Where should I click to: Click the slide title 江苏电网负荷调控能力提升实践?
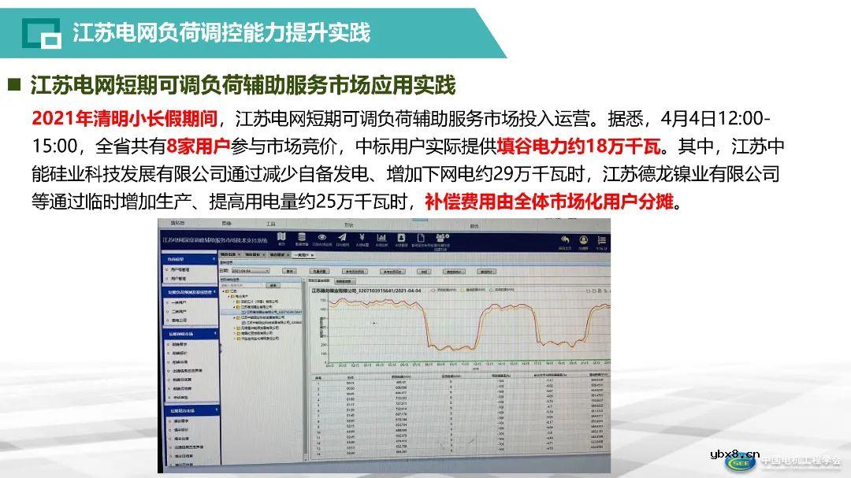(x=221, y=33)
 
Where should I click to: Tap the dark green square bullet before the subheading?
(x=13, y=83)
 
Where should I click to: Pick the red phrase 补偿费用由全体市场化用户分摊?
(x=549, y=202)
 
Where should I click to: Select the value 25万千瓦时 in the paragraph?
(x=366, y=202)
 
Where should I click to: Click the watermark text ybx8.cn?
(x=734, y=454)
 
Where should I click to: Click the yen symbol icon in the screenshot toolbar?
(x=361, y=238)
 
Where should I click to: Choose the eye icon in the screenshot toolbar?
(x=321, y=238)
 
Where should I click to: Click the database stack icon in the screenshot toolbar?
(x=301, y=238)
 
